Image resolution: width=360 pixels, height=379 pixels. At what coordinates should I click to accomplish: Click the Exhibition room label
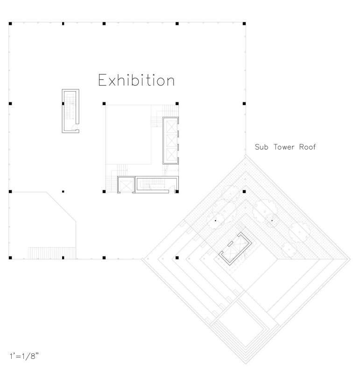(x=136, y=80)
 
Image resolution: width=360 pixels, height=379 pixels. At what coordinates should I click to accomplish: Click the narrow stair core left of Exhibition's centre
(x=71, y=111)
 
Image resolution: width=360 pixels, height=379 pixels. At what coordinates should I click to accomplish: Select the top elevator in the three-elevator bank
(x=169, y=126)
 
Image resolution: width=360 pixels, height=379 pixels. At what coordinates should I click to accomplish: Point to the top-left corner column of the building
(x=10, y=23)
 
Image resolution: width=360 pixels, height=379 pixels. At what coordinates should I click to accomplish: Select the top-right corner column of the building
(x=245, y=23)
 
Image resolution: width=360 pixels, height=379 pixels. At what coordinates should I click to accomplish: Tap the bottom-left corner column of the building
(x=10, y=257)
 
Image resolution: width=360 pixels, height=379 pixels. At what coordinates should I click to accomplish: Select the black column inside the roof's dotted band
(x=244, y=192)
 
